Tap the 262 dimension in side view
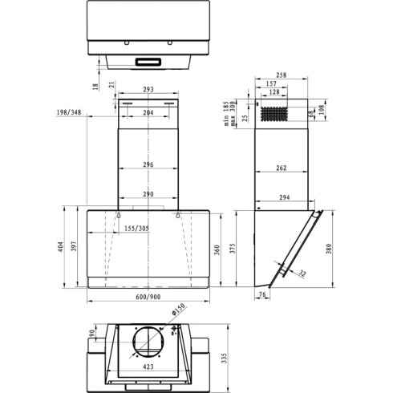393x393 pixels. pos(282,168)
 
